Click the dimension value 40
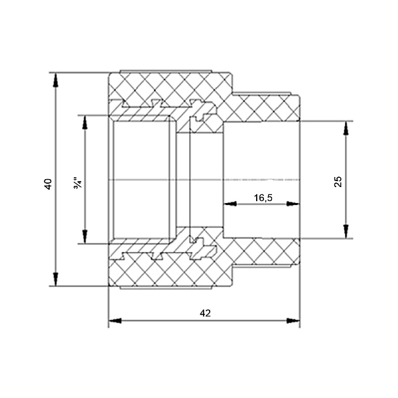[47, 184]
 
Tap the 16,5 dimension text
[263, 198]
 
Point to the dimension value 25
[338, 182]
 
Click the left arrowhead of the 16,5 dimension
[229, 204]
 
